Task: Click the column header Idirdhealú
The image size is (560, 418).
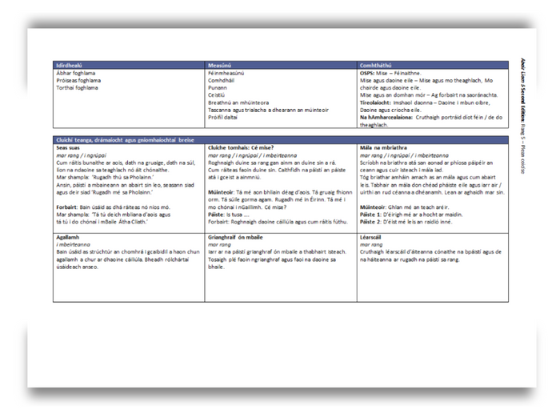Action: [68, 65]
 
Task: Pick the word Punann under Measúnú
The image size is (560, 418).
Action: [218, 87]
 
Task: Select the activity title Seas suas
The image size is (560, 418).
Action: [68, 147]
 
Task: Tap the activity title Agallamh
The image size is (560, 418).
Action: [68, 238]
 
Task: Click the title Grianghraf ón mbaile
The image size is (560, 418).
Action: [234, 238]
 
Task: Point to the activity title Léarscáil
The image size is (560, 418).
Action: [374, 238]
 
